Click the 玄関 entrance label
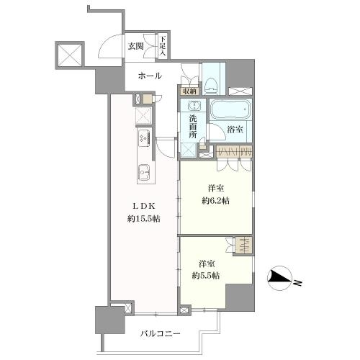pos(136,46)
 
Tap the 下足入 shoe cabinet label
pos(163,46)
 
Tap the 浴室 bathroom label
pos(234,130)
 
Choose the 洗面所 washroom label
pos(193,127)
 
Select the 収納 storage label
pos(189,91)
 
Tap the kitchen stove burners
pos(142,137)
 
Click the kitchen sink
pos(143,173)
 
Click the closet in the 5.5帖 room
pos(245,245)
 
